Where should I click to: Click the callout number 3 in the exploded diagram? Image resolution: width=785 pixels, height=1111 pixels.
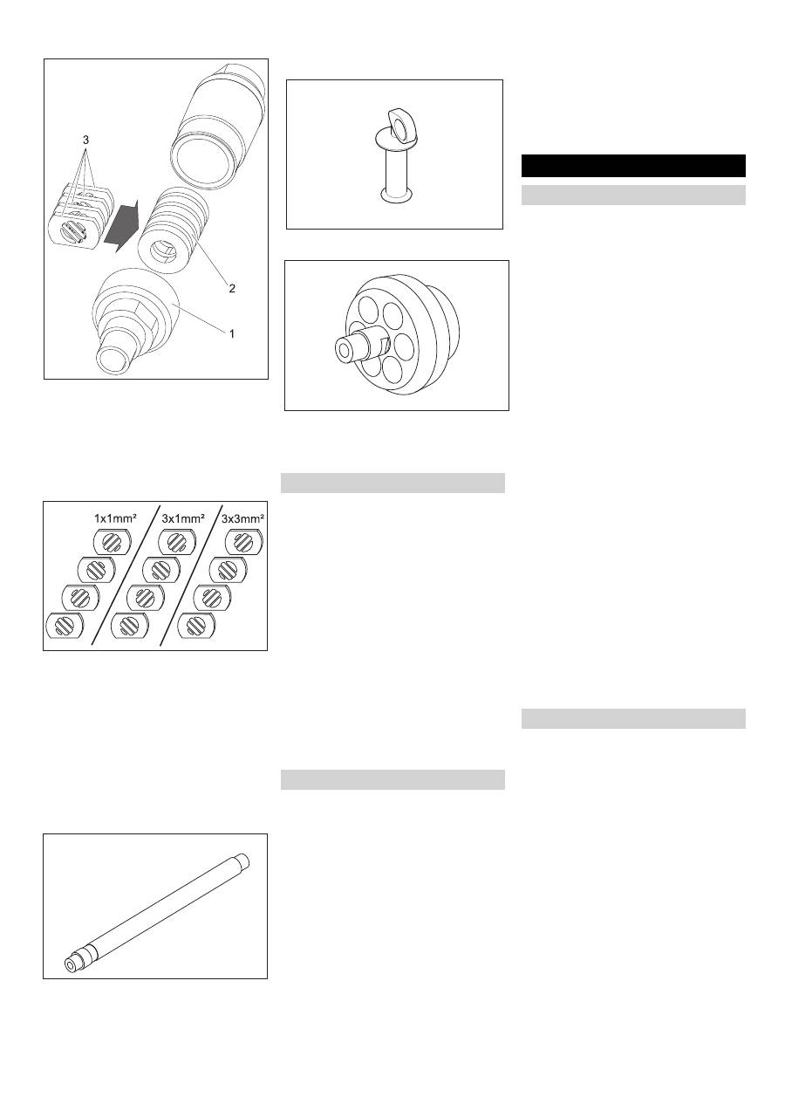tap(85, 140)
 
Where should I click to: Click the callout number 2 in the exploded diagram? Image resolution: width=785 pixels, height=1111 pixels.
tap(232, 288)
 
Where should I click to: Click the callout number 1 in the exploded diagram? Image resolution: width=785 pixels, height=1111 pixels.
tap(231, 333)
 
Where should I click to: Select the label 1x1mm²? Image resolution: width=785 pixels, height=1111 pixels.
tap(115, 518)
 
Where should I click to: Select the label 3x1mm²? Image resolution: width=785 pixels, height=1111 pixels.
tap(183, 518)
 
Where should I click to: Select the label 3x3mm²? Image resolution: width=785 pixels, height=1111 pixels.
tap(242, 518)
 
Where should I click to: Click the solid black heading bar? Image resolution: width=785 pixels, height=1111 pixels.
tap(633, 166)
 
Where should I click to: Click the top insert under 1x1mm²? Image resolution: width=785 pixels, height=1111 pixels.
tap(112, 542)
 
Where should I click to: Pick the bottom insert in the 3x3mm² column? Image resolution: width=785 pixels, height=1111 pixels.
tap(196, 626)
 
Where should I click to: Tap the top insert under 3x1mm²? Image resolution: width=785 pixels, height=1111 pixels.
tap(177, 542)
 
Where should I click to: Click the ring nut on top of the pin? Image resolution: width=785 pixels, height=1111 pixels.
tap(402, 122)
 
